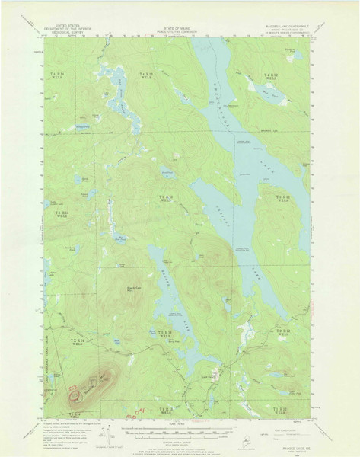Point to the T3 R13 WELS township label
pyautogui.click(x=165, y=200)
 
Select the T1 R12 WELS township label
pyautogui.click(x=277, y=412)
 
